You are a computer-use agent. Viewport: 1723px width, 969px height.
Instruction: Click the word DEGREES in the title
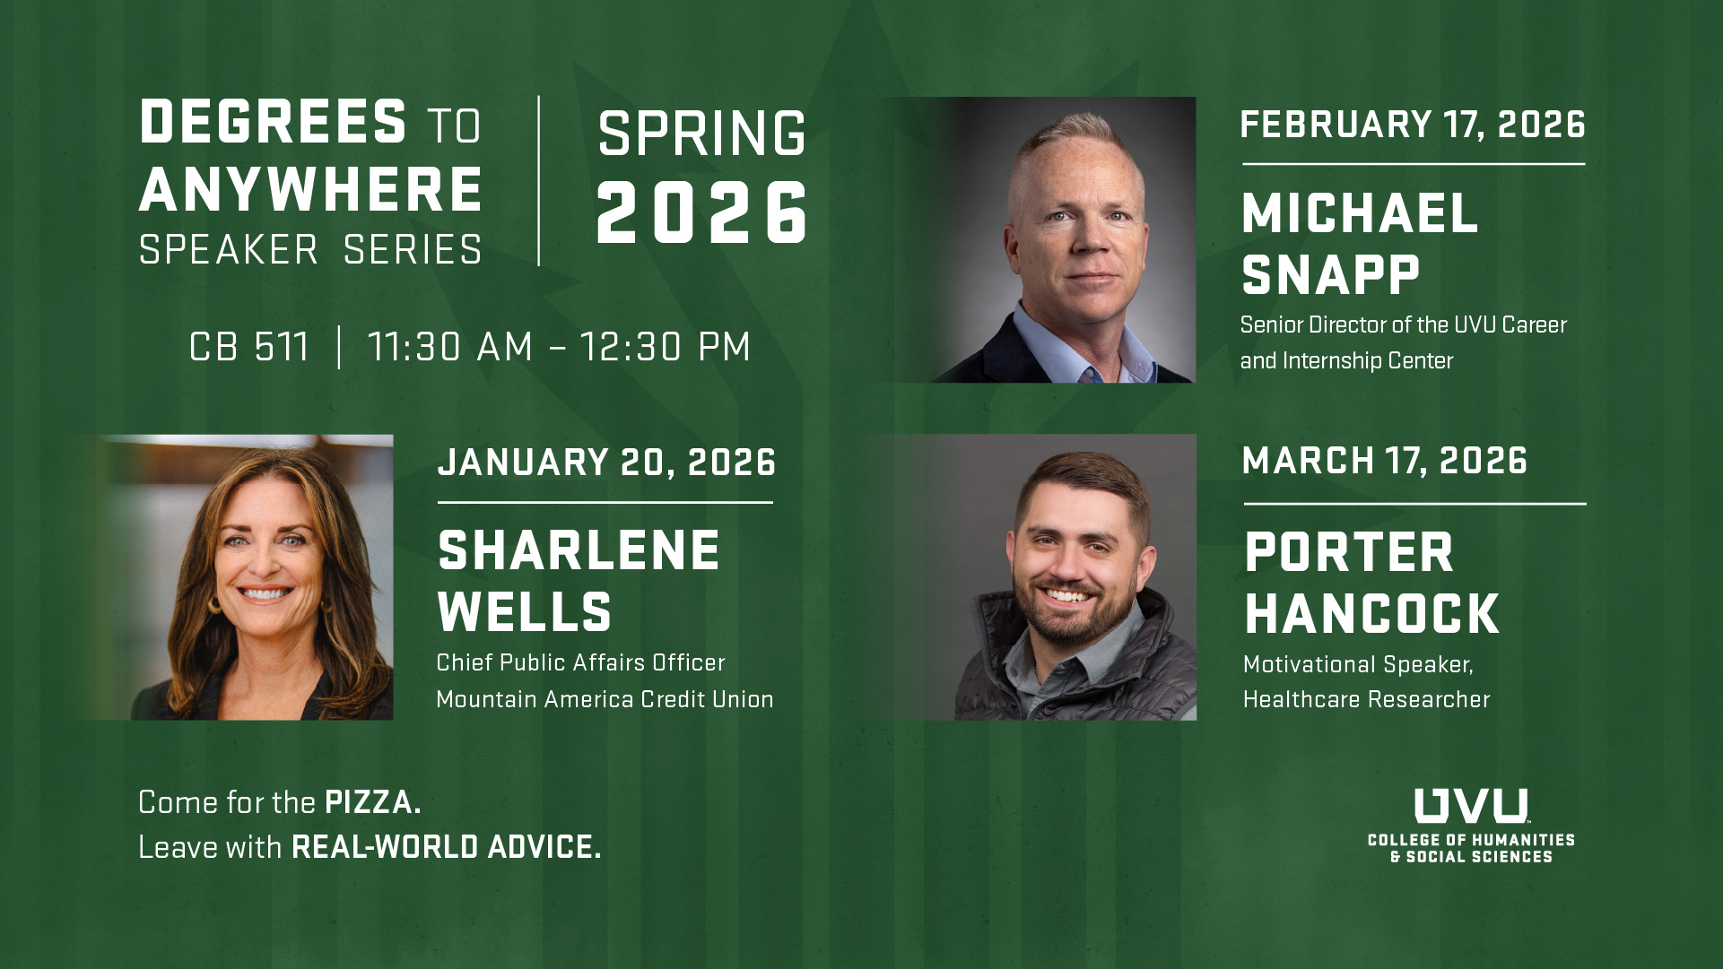[x=274, y=122]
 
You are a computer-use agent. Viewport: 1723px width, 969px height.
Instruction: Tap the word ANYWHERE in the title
[x=310, y=190]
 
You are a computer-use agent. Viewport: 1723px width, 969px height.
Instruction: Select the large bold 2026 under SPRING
[x=701, y=213]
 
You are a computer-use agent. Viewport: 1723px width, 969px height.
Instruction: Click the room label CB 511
[x=249, y=348]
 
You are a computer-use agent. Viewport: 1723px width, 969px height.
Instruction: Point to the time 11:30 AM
[x=450, y=348]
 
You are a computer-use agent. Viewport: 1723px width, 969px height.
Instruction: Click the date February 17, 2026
[x=1413, y=125]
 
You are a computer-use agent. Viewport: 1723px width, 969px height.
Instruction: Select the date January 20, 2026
[x=606, y=463]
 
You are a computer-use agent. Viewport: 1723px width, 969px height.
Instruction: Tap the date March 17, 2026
[x=1384, y=461]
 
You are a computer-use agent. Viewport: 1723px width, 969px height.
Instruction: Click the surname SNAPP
[x=1331, y=274]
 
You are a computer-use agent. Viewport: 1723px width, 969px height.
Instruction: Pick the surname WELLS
[x=525, y=612]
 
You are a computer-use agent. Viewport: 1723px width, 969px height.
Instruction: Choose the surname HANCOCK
[x=1371, y=615]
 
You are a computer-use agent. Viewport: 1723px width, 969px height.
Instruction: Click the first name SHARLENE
[x=579, y=550]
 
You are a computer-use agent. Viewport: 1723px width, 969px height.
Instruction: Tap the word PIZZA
[x=372, y=802]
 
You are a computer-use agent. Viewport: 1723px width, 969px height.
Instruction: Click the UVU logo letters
[x=1471, y=806]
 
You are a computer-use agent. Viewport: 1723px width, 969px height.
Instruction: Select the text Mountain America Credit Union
[x=605, y=699]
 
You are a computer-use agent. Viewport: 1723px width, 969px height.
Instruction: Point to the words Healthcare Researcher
[x=1366, y=699]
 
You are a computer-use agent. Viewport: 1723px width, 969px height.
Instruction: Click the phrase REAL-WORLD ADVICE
[x=446, y=847]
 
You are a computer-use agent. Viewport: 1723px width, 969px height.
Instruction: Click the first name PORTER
[x=1349, y=553]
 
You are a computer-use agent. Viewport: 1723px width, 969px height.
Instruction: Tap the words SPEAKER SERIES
[x=310, y=250]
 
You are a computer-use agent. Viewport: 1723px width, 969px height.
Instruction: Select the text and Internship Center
[x=1346, y=360]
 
